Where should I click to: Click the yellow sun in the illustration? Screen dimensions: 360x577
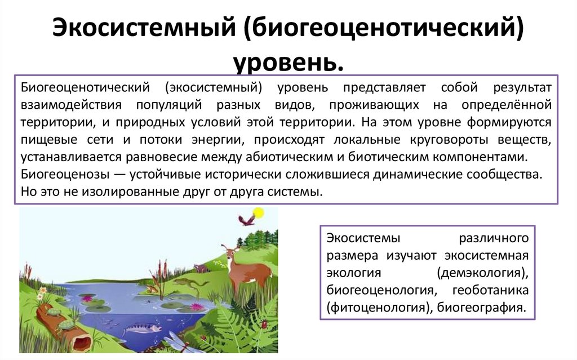coord(259,213)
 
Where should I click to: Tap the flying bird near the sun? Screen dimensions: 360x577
coord(246,219)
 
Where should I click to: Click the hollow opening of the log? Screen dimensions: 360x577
coord(81,340)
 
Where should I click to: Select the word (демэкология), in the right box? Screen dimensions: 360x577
coord(482,273)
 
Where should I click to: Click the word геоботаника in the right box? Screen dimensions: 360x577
coord(498,291)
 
